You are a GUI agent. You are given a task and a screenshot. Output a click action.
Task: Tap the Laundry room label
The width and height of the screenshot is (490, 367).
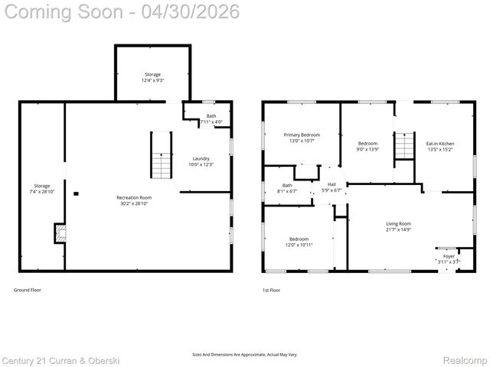(x=201, y=158)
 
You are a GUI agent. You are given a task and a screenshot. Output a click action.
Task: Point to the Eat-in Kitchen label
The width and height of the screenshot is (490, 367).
(x=440, y=143)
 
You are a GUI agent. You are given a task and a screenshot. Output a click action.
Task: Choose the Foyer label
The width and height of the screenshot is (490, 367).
(x=449, y=256)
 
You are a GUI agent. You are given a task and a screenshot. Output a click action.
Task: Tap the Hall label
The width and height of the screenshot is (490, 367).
(x=332, y=184)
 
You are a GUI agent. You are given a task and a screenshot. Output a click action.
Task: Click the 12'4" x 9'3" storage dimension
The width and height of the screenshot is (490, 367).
(x=152, y=80)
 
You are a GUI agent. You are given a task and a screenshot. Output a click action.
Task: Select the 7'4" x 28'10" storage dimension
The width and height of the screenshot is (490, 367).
(x=41, y=191)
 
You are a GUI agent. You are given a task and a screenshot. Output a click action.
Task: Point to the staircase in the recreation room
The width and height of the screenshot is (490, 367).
(x=161, y=155)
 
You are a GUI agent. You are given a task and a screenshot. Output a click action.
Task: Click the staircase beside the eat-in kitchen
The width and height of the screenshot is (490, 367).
(x=404, y=145)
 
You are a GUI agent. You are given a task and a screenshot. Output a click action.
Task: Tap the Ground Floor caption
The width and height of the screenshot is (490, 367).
(x=28, y=291)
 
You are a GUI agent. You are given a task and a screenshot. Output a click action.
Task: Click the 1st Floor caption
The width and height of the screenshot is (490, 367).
(x=270, y=291)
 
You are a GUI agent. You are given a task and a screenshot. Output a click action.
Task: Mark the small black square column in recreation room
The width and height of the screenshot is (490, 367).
(x=75, y=194)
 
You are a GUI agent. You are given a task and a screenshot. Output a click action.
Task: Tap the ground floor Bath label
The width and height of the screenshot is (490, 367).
(x=211, y=116)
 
